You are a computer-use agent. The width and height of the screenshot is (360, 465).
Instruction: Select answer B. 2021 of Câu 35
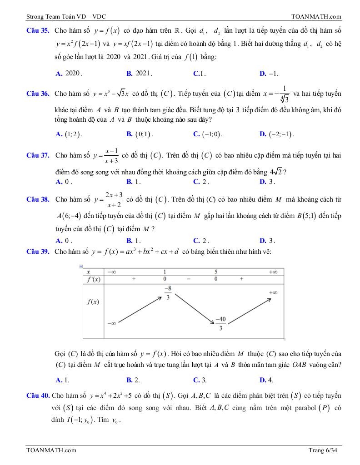coord(139,73)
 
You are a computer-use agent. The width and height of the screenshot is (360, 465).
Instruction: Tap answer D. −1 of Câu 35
coord(269,73)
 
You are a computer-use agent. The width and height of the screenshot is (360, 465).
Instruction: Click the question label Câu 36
coord(38,94)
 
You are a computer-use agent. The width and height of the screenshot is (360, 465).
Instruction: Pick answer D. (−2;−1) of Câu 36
coord(276,134)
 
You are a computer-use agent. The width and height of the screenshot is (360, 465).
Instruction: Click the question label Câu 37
coord(38,155)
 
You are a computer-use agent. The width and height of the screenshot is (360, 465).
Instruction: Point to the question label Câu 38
coord(38,199)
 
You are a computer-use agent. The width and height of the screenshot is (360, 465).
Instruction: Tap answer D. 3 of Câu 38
coord(267,241)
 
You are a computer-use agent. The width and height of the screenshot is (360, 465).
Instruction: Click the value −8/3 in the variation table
coord(168,293)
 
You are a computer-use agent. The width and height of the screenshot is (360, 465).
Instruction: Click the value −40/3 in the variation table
coord(221,323)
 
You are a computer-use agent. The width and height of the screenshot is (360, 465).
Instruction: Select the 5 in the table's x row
coord(216,272)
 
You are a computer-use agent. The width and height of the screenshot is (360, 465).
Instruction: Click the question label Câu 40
coord(38,396)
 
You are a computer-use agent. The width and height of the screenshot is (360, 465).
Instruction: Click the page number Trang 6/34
coord(323,450)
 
